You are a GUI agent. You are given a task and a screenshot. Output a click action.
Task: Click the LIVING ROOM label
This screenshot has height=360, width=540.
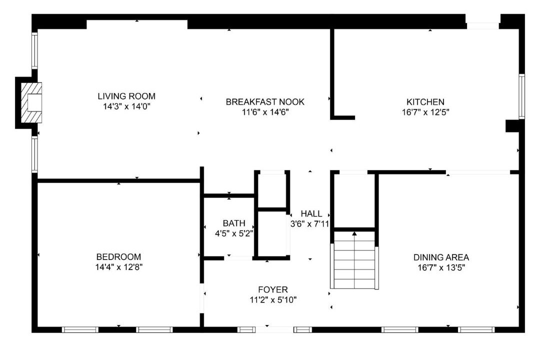[x=126, y=96]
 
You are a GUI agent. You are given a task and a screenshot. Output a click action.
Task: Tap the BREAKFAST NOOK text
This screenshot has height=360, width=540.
[x=265, y=102]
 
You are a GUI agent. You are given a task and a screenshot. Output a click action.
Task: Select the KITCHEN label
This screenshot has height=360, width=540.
[x=425, y=102]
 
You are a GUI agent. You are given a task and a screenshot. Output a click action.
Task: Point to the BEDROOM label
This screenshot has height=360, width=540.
[x=118, y=257]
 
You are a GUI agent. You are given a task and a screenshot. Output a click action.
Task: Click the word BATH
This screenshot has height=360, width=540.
[x=234, y=223]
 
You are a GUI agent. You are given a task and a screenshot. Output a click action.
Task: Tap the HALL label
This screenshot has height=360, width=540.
[x=311, y=213]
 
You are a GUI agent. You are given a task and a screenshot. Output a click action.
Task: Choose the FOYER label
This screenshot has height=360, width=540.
[x=273, y=289]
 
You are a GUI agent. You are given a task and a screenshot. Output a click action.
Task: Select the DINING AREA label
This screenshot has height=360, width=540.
[x=441, y=257]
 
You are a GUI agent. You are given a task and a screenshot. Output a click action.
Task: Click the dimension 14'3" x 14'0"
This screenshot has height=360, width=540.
[x=126, y=106]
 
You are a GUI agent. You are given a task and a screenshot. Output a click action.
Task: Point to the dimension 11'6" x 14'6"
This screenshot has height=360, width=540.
[x=265, y=112]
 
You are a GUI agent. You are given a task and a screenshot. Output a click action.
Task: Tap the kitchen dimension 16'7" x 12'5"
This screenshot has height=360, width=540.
[x=425, y=112]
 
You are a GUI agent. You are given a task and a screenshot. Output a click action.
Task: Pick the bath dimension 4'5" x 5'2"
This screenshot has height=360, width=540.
[x=234, y=233]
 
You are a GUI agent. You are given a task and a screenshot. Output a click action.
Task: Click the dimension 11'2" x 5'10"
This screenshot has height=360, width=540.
[x=273, y=300]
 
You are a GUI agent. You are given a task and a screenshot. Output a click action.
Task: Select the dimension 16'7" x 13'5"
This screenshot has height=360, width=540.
[x=441, y=267]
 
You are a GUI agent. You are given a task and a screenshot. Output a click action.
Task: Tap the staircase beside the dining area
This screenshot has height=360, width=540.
[x=354, y=260]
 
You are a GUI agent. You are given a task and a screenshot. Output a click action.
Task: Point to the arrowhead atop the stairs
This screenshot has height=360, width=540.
[x=354, y=233]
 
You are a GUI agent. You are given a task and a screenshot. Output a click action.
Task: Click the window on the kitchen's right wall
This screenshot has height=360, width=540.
[x=521, y=96]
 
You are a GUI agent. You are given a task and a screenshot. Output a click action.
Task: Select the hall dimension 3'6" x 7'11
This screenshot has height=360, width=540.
[x=310, y=224]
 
